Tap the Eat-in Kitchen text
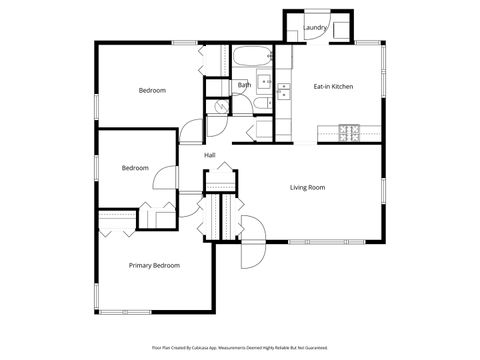pyautogui.click(x=333, y=86)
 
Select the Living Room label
pyautogui.click(x=308, y=187)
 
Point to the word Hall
pyautogui.click(x=210, y=155)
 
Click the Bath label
pyautogui.click(x=244, y=85)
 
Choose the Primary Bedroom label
pyautogui.click(x=154, y=265)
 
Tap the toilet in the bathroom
pyautogui.click(x=260, y=104)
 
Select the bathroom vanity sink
pyautogui.click(x=265, y=82)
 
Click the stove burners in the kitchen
pyautogui.click(x=349, y=130)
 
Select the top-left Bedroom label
pyautogui.click(x=152, y=91)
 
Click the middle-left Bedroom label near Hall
pyautogui.click(x=135, y=168)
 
